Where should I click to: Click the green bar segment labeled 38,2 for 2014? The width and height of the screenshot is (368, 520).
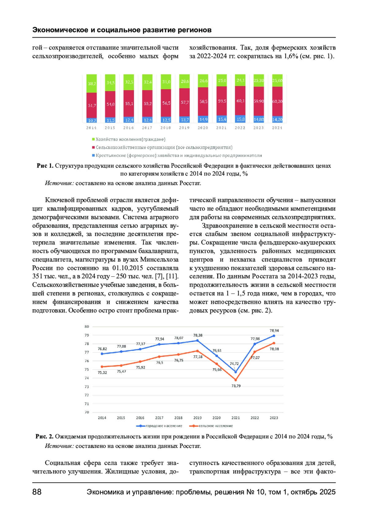(x=91, y=83)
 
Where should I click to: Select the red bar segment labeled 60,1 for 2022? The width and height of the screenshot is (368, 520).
(x=240, y=101)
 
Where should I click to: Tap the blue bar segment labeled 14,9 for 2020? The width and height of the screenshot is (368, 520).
(x=203, y=119)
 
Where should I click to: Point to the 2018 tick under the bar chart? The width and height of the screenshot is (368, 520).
(x=166, y=128)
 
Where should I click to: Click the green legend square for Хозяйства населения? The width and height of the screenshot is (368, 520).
(x=94, y=139)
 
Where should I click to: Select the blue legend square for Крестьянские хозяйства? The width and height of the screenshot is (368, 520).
(x=94, y=156)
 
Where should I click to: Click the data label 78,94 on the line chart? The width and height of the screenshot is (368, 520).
(x=274, y=331)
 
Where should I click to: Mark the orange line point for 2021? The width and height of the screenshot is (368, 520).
(x=236, y=380)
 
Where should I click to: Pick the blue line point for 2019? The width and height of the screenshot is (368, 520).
(x=197, y=341)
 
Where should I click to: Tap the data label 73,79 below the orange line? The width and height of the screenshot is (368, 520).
(x=236, y=386)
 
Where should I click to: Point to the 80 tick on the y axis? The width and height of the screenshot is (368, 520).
(x=87, y=327)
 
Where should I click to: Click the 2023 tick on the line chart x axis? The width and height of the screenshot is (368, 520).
(x=274, y=418)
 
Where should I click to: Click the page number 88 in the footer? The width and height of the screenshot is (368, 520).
(x=37, y=492)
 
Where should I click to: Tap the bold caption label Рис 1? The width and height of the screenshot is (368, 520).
(x=45, y=166)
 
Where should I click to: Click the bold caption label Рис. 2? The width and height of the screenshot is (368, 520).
(x=44, y=436)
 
